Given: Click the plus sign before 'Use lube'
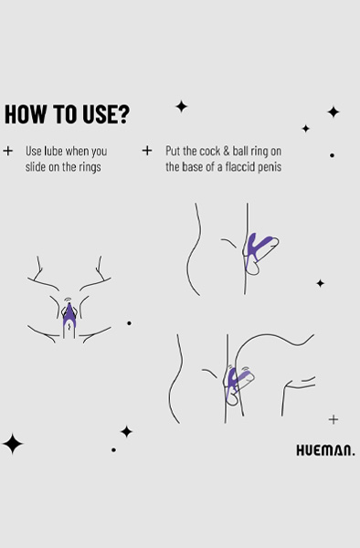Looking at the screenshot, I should click(x=8, y=150).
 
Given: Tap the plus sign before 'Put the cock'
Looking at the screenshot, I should click(x=147, y=150).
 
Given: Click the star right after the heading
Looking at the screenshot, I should click(x=181, y=107).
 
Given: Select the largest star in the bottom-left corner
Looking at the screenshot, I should click(x=13, y=445).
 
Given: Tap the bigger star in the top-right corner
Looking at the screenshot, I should click(x=334, y=112).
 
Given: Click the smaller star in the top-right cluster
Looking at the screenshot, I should click(x=305, y=129).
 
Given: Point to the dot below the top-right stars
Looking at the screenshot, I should click(x=332, y=155).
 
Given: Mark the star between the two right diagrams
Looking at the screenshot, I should click(x=320, y=283).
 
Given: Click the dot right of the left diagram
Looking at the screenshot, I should click(x=129, y=322).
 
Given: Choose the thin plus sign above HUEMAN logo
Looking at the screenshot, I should click(x=334, y=420).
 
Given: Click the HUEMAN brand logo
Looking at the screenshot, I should click(x=325, y=449).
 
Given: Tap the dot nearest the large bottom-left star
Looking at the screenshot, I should click(x=113, y=449).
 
